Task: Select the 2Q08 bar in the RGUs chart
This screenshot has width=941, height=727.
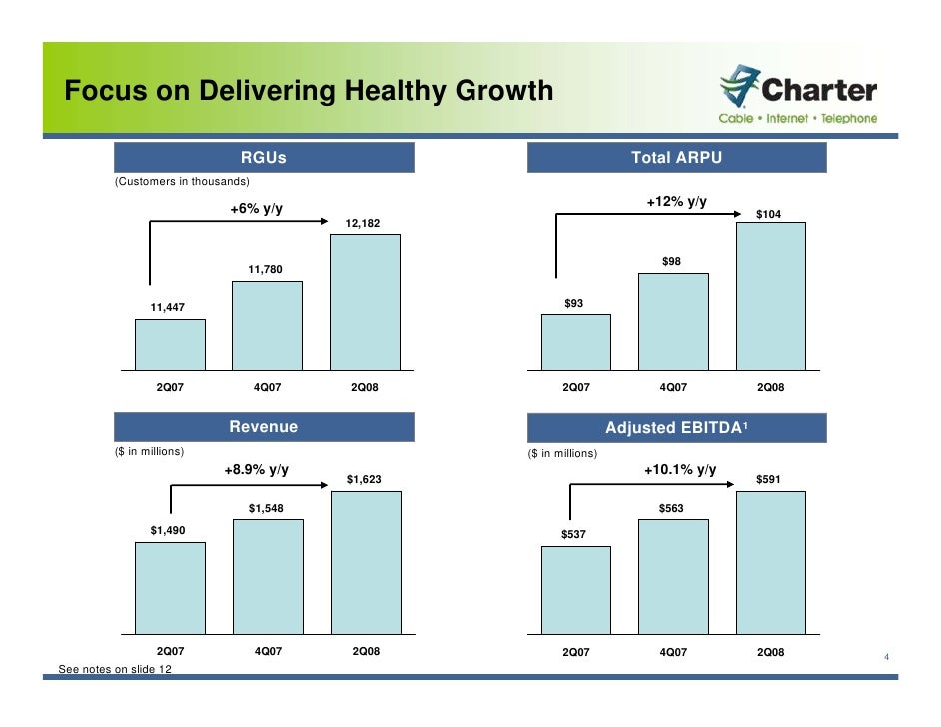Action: tap(365, 302)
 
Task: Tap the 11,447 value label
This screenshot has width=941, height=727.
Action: tap(169, 307)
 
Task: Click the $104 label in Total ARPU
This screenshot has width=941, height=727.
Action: tap(768, 215)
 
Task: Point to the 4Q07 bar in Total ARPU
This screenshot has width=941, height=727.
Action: tap(673, 321)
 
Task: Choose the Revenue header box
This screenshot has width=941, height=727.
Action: tap(264, 427)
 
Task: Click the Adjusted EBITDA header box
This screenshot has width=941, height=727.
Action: tap(676, 428)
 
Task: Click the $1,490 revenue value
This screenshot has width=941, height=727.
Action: tap(168, 530)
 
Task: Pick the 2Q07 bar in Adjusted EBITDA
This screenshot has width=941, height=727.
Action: tap(575, 591)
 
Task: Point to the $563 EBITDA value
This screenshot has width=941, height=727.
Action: tap(671, 509)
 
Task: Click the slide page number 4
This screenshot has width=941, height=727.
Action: tap(885, 657)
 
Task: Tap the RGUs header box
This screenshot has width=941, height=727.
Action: tap(264, 157)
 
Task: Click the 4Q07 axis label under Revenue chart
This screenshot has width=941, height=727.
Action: tap(268, 651)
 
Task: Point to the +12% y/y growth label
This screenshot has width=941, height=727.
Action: tap(676, 202)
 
